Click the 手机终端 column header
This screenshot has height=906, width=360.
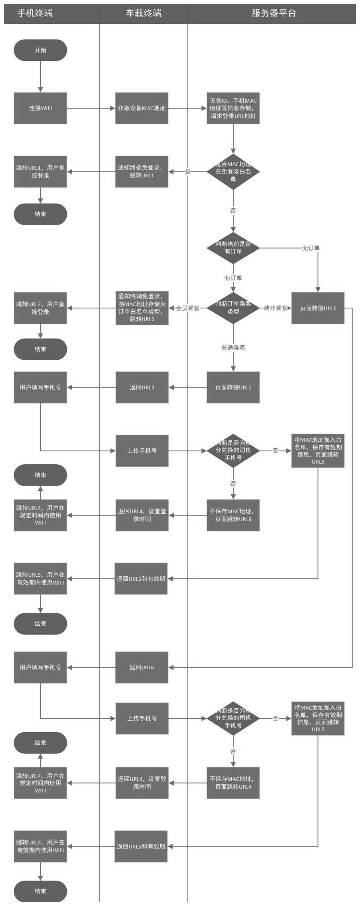tap(35, 13)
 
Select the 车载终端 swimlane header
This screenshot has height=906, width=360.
tap(143, 13)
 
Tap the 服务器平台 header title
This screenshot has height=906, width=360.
tap(274, 13)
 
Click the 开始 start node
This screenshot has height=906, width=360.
tap(40, 50)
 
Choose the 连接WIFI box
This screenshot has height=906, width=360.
tap(40, 108)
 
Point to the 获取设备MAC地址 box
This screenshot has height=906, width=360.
tap(142, 108)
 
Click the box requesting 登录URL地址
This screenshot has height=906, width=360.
tap(233, 108)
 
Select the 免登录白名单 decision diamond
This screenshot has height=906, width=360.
tap(233, 172)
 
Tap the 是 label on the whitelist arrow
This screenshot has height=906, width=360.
tap(188, 172)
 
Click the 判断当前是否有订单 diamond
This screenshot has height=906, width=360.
tap(233, 248)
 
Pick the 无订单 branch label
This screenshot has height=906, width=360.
tap(311, 248)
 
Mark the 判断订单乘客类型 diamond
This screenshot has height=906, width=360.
tap(233, 308)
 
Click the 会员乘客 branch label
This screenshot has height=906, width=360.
tap(188, 308)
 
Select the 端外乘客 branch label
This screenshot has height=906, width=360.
tap(276, 308)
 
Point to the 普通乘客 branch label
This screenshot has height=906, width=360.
tap(233, 348)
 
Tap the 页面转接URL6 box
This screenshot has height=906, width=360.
tap(318, 308)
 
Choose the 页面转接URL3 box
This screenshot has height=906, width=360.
tap(233, 387)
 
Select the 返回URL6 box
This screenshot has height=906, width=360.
tap(142, 667)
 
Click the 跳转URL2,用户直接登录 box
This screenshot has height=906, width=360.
tap(40, 308)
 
